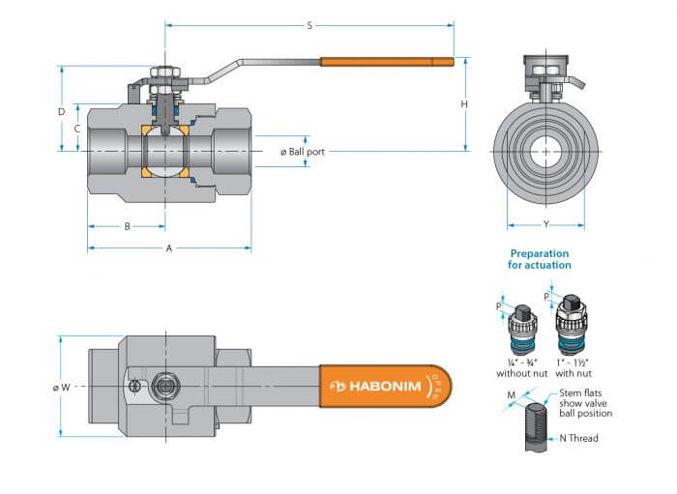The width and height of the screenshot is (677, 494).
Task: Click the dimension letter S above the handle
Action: (x=309, y=26)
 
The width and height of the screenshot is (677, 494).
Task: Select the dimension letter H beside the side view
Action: (x=464, y=104)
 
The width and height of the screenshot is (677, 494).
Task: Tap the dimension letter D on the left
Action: (x=62, y=112)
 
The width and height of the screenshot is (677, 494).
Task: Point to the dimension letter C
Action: (x=77, y=129)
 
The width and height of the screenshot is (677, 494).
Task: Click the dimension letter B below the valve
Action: (x=127, y=226)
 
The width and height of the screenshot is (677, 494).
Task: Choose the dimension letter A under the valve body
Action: (x=169, y=248)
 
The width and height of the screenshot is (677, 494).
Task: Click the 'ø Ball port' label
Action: (x=302, y=152)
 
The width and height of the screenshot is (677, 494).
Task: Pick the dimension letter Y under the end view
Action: (x=546, y=224)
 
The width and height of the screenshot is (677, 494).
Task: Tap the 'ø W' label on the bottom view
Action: (x=61, y=388)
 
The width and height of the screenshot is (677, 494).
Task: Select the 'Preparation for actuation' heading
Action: (x=540, y=259)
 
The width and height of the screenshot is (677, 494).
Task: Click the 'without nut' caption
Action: (x=521, y=373)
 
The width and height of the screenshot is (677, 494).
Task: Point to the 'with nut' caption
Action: (x=574, y=373)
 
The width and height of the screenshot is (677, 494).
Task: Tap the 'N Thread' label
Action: (x=578, y=438)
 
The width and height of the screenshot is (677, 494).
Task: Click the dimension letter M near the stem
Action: (x=512, y=394)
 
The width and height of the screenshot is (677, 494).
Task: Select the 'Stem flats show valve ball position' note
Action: (x=585, y=403)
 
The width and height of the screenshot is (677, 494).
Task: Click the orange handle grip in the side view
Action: (x=387, y=62)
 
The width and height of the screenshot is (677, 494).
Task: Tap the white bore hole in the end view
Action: (x=545, y=152)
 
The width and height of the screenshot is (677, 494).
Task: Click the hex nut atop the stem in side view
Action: (x=164, y=73)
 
